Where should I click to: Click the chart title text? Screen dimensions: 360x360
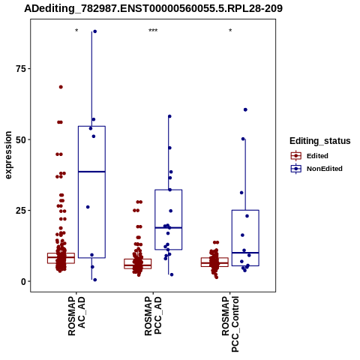point(153,8)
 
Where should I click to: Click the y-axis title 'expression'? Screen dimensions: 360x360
point(8,155)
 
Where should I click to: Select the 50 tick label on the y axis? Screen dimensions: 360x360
point(20,139)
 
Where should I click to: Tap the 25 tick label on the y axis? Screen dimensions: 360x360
point(20,211)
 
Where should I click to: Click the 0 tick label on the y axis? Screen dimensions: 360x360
point(23,281)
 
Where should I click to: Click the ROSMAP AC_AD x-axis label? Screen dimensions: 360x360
point(76,316)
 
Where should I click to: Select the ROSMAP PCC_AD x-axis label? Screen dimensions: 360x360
point(153,316)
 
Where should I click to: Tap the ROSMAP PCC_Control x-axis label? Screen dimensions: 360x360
point(230,324)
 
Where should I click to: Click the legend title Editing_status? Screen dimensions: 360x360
point(320,141)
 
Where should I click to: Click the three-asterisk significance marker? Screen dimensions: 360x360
point(153,31)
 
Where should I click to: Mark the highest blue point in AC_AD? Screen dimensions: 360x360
point(94,31)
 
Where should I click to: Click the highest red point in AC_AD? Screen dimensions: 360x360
point(61,87)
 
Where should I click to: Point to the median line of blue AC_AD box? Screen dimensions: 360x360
point(91,172)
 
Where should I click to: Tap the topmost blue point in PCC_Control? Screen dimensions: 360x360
point(245,109)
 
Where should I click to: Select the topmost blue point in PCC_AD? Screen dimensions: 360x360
point(169,116)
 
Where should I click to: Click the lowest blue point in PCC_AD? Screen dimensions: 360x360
point(172,274)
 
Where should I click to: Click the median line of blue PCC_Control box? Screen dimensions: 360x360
point(245,253)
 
